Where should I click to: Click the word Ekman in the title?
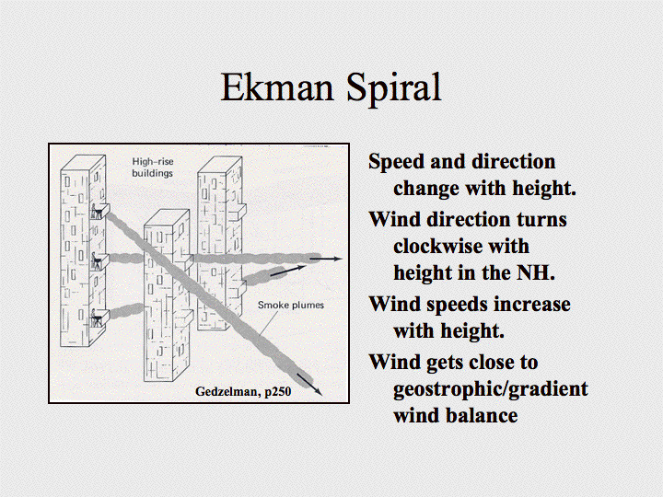[x=277, y=87]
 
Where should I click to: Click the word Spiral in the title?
[x=394, y=88]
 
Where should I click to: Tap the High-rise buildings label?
[x=152, y=168]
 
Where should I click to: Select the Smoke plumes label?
[x=291, y=305]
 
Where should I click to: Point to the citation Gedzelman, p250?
[x=243, y=391]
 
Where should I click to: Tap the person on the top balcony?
[x=96, y=212]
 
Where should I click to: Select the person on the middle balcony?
[x=96, y=260]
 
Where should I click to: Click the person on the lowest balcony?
[x=96, y=318]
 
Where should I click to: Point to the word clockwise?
[x=461, y=246]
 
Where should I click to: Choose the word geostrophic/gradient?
[x=491, y=389]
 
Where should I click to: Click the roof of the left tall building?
[x=83, y=163]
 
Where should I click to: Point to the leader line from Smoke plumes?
[x=269, y=323]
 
